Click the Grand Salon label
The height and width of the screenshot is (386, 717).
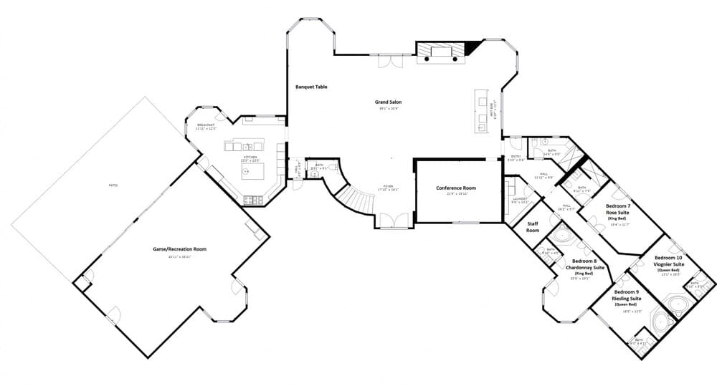(388, 102)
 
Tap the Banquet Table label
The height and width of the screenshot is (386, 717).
(311, 87)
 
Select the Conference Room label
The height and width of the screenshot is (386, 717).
(456, 188)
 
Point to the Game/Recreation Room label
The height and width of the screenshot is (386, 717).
(179, 249)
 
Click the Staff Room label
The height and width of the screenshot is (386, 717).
(532, 227)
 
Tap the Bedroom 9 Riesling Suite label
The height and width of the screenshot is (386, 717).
(627, 296)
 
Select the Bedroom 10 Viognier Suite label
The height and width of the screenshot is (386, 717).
(668, 261)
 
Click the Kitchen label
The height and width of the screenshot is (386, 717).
(250, 157)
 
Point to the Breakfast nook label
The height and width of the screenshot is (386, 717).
(206, 126)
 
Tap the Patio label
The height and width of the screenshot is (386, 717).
(113, 185)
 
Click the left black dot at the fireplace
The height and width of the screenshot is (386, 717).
(427, 59)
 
